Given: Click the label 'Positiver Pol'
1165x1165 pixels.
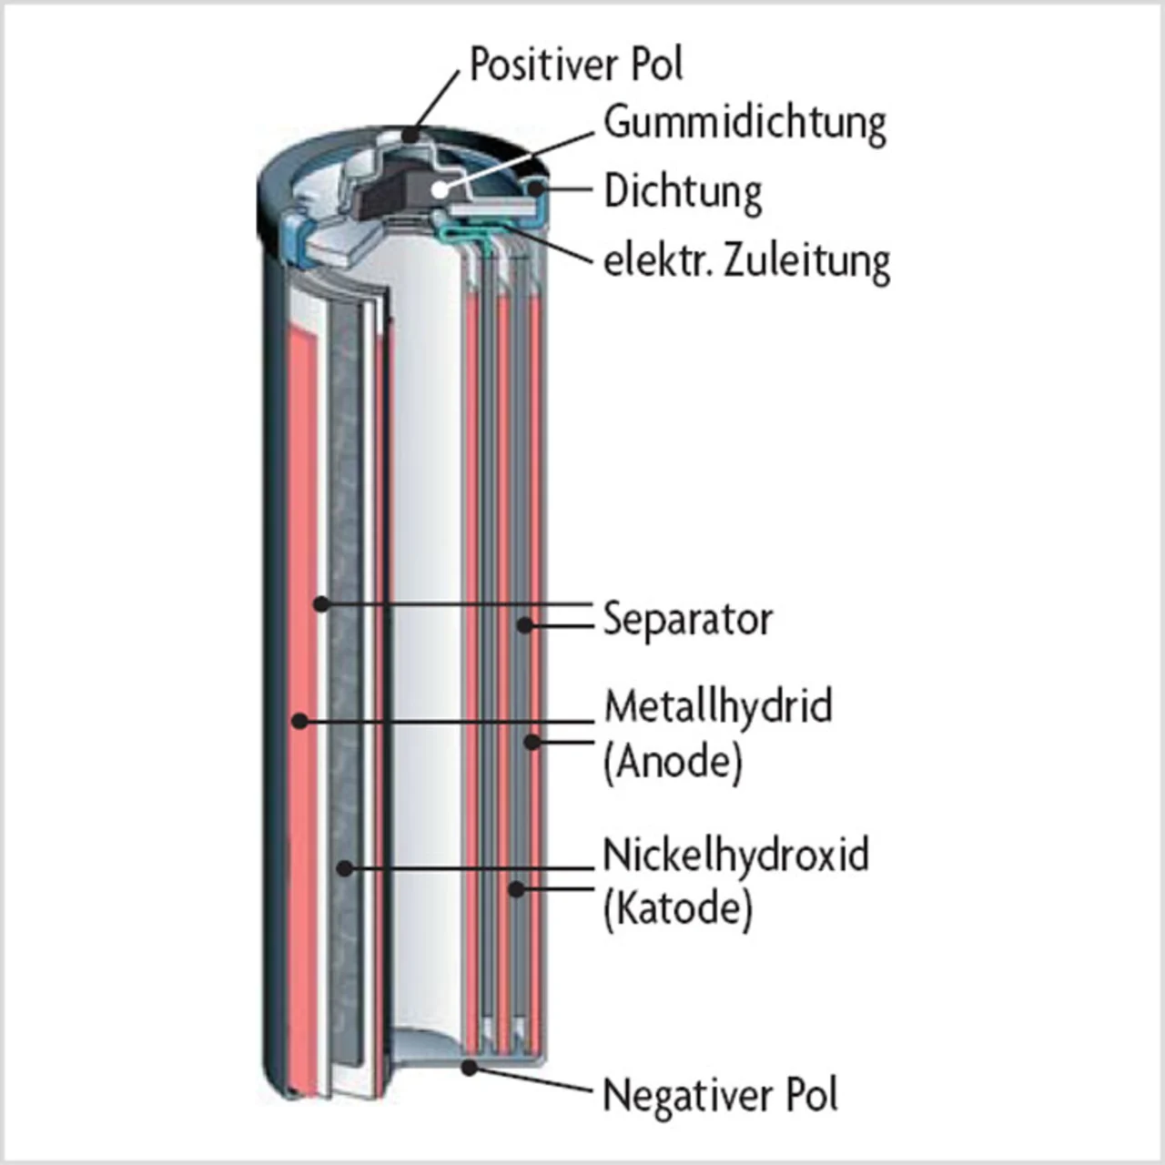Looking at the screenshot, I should (575, 64).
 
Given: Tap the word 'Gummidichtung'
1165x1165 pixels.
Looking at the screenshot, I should (745, 123).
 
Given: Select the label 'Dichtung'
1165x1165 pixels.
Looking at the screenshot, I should (683, 192).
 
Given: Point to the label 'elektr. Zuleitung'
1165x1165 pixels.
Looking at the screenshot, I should (746, 261).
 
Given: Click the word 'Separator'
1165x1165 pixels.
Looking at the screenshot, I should (688, 620).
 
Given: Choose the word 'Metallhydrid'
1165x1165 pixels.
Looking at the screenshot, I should (718, 706).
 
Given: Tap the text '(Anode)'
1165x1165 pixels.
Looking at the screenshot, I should (674, 761).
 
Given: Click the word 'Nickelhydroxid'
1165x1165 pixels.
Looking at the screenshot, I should (735, 856).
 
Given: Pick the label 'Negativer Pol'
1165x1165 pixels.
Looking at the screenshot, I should (720, 1095).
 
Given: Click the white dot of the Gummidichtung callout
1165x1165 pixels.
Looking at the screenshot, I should (441, 189).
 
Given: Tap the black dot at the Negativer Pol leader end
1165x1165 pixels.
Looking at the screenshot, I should (470, 1067).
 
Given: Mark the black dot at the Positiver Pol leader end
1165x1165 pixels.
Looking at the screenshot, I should (414, 135).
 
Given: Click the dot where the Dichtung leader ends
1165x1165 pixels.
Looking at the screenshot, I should (537, 188).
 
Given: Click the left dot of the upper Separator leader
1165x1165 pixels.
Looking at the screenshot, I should (320, 603).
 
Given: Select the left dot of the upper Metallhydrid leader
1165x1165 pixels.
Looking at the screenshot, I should (299, 721).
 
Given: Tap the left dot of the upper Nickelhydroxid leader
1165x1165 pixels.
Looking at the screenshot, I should (344, 868).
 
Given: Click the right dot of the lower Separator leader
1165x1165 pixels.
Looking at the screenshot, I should (524, 624).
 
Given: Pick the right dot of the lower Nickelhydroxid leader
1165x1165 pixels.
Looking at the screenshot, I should (516, 888).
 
